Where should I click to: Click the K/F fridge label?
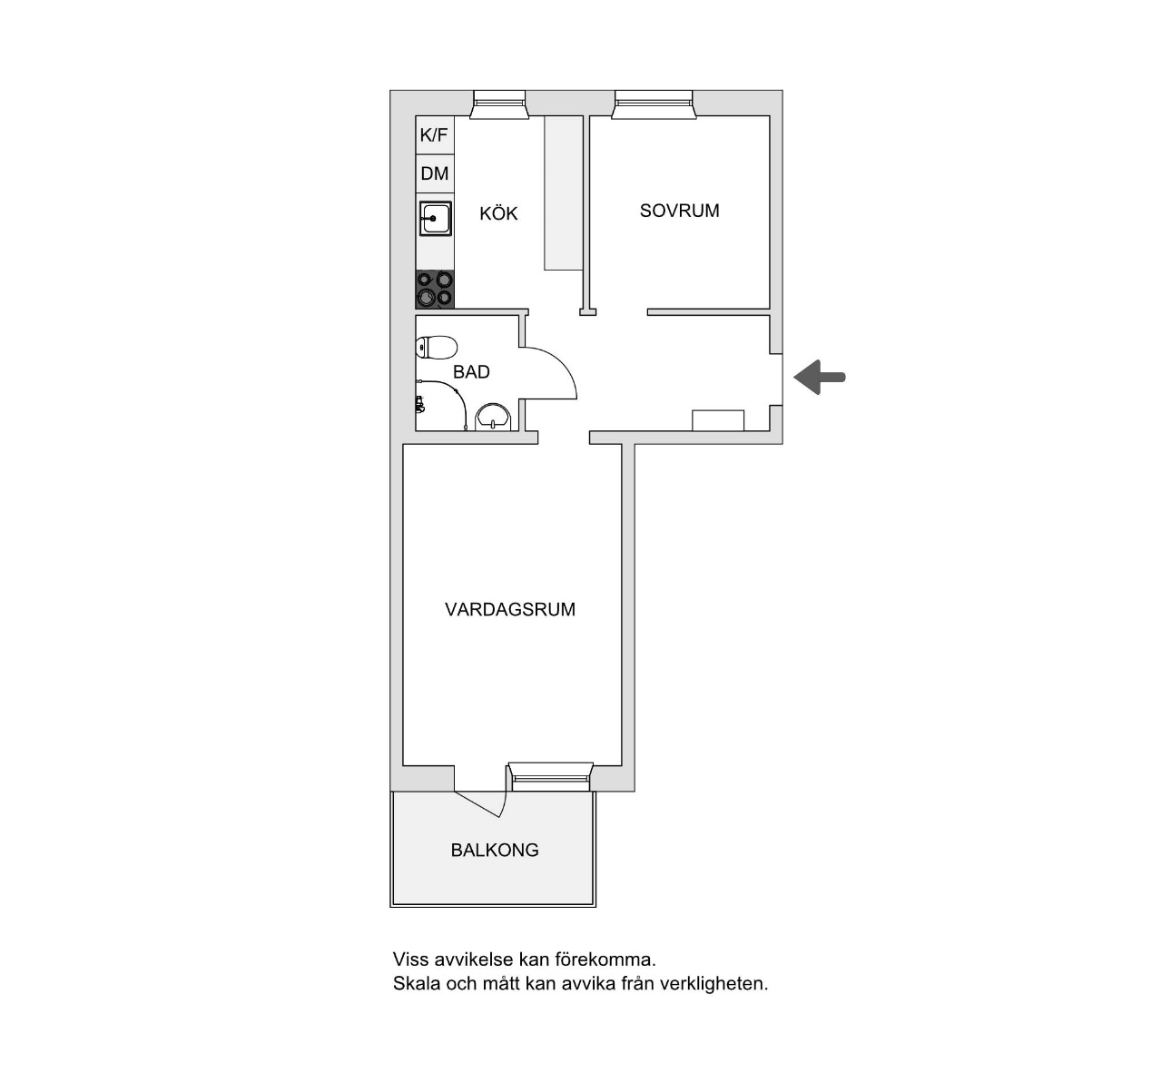click(434, 135)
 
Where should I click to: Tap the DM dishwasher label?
click(434, 173)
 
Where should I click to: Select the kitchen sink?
click(435, 219)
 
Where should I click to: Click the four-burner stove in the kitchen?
click(435, 290)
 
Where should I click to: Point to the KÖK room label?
click(498, 212)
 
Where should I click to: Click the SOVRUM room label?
click(680, 211)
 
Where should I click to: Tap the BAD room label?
click(471, 372)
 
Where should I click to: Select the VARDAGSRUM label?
click(510, 609)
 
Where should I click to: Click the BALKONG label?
click(495, 850)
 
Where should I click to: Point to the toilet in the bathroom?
click(436, 348)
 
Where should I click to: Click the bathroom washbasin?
click(494, 418)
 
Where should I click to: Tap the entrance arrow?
click(819, 377)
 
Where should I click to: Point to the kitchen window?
click(499, 105)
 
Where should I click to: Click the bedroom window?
click(654, 105)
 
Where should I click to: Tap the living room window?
click(550, 777)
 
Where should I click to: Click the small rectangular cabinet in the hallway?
click(718, 420)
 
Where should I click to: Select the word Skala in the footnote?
click(417, 983)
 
